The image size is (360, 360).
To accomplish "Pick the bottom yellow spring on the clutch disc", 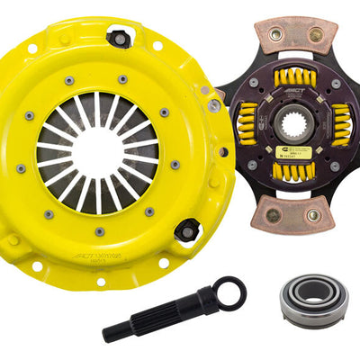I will click(x=290, y=170).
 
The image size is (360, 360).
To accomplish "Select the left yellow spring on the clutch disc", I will click(x=246, y=124).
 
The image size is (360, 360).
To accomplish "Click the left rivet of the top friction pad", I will click(x=274, y=34).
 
